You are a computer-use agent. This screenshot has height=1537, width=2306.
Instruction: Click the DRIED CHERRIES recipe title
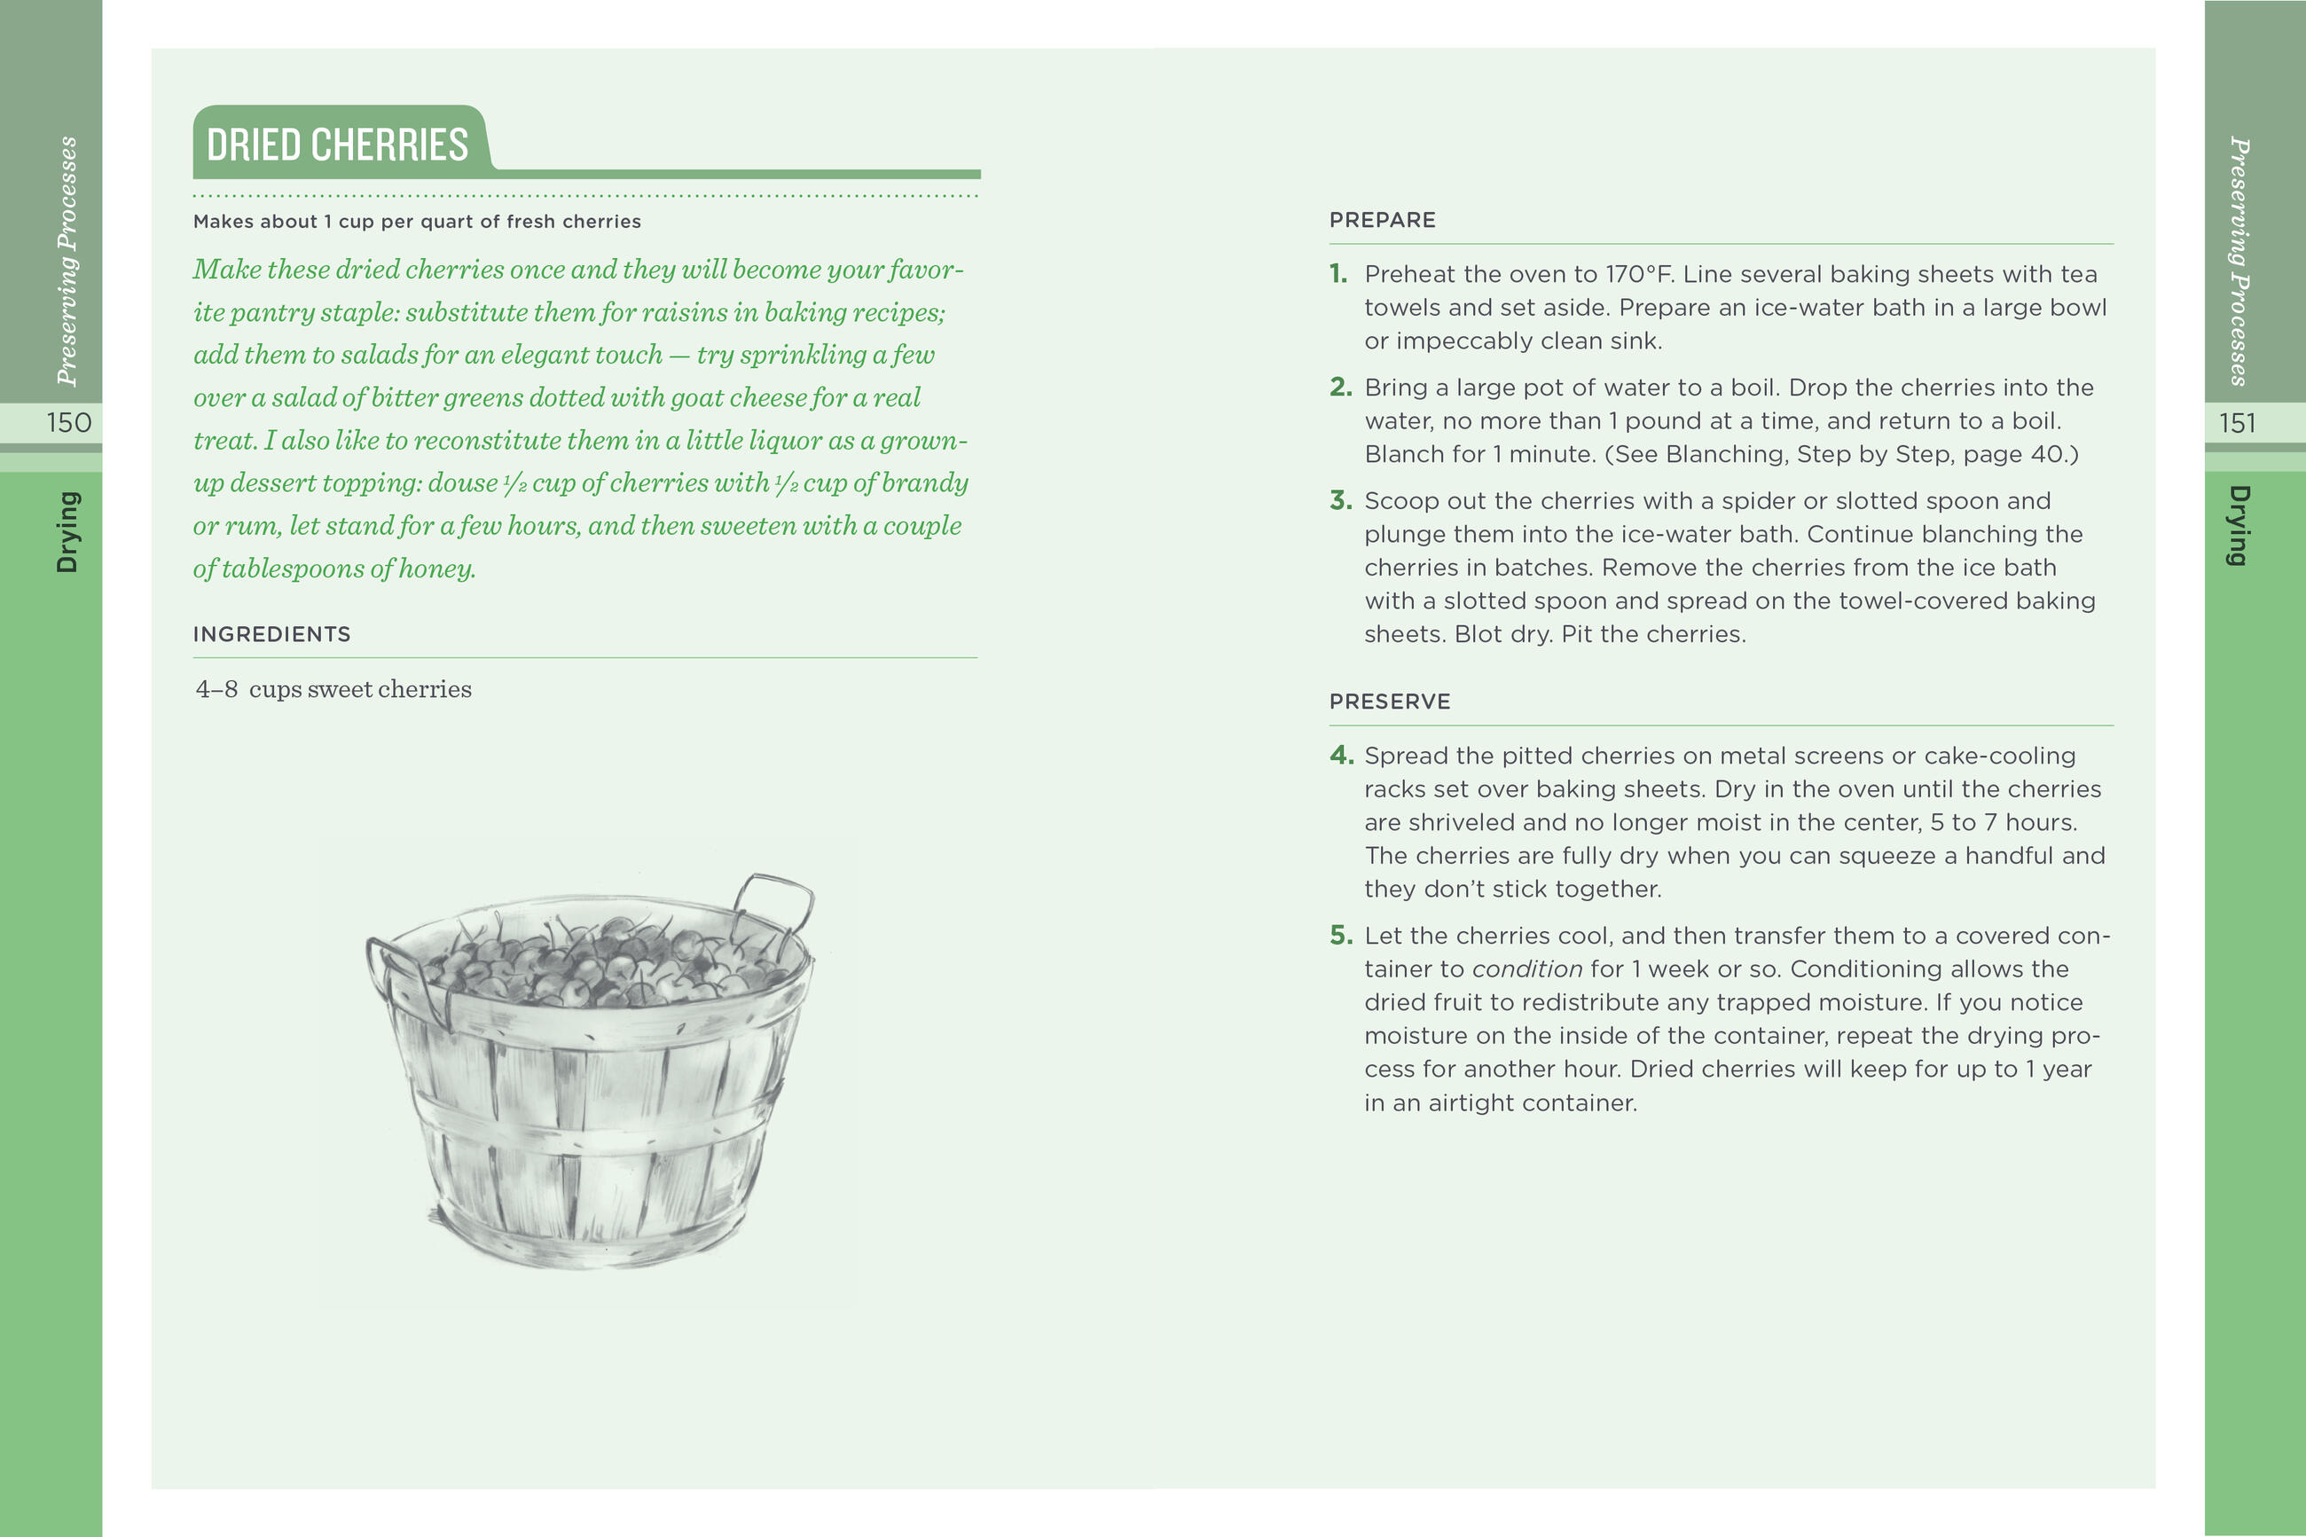(x=337, y=145)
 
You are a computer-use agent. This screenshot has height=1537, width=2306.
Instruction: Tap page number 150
(x=68, y=422)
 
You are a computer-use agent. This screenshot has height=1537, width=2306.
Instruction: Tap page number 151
(x=2238, y=422)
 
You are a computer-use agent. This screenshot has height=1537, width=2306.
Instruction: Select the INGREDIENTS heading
(x=271, y=634)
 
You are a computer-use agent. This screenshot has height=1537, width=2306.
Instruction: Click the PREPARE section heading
(x=1382, y=221)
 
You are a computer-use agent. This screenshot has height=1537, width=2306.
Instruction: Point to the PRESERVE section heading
(x=1390, y=702)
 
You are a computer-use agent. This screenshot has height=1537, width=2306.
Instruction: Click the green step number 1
(x=1337, y=274)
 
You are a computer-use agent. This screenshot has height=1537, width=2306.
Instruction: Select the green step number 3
(x=1339, y=501)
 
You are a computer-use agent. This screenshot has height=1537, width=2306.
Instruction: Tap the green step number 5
(x=1339, y=936)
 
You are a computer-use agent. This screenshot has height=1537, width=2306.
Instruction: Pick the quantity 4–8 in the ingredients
(x=216, y=689)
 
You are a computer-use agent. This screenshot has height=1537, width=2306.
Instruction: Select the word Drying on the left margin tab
(x=67, y=531)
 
